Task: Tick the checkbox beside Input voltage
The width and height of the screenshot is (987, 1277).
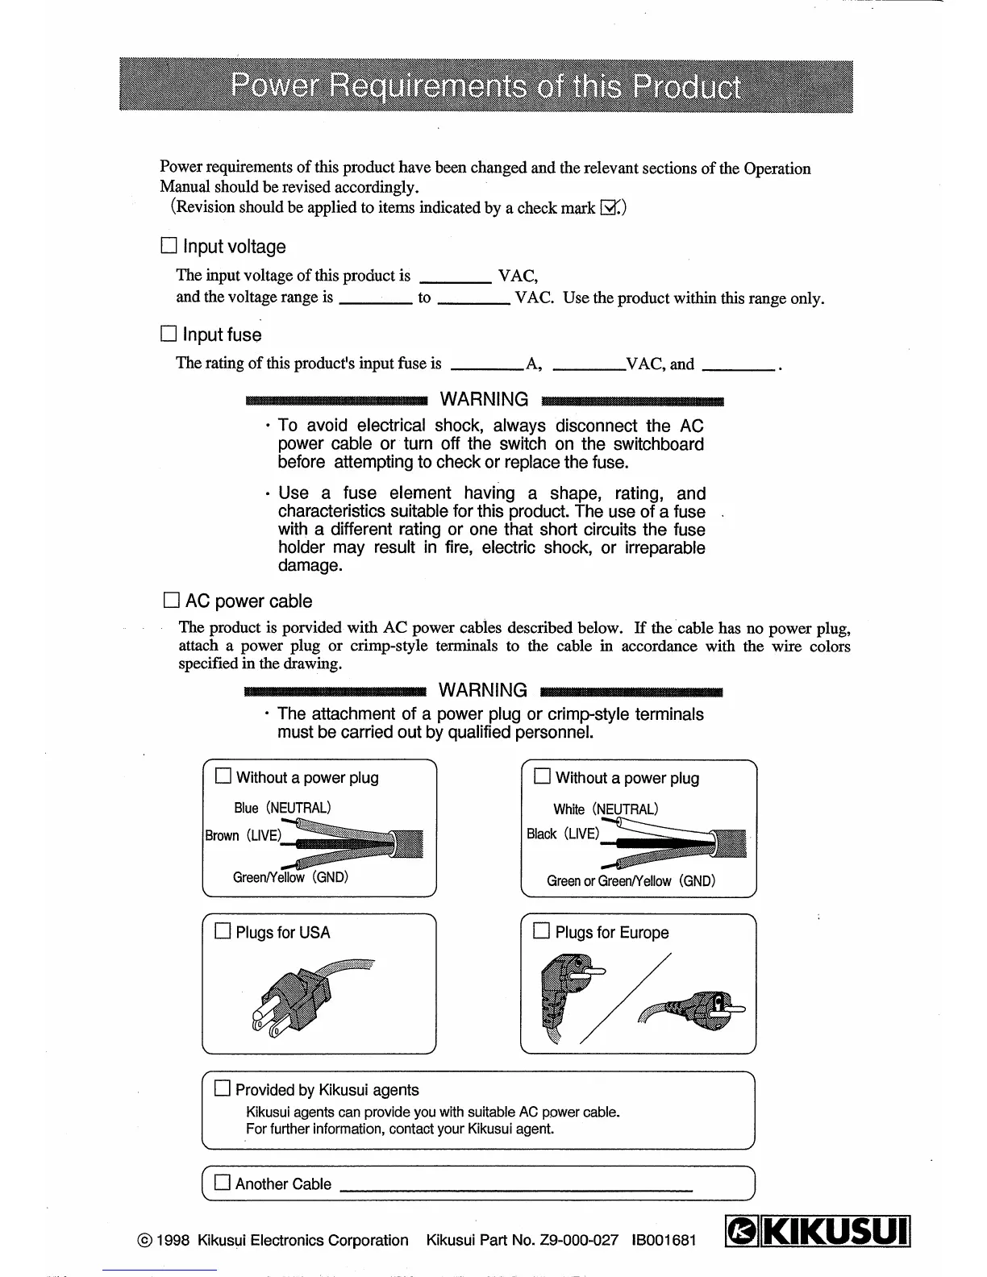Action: coord(169,246)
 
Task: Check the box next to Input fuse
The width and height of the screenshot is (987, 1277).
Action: coord(169,334)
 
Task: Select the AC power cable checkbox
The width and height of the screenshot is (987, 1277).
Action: coord(171,600)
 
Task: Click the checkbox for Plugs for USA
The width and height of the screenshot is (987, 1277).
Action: coord(223,931)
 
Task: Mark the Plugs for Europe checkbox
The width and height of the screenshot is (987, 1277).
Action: coord(541,931)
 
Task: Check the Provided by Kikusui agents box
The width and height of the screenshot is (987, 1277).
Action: coord(223,1088)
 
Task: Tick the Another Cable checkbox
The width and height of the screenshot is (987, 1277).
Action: coord(223,1183)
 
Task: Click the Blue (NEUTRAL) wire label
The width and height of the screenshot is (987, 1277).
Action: coord(282,808)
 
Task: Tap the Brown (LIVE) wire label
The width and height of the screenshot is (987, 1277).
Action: coord(242,835)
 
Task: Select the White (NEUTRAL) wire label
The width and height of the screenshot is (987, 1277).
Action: coord(605,809)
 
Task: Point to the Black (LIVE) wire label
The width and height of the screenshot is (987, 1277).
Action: coord(562,834)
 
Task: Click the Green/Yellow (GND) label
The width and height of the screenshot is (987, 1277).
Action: coord(290,877)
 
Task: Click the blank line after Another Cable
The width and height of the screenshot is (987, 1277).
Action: coord(516,1188)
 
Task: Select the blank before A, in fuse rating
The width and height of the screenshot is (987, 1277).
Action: coord(486,364)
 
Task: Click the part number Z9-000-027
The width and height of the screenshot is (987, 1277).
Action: coord(579,1240)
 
